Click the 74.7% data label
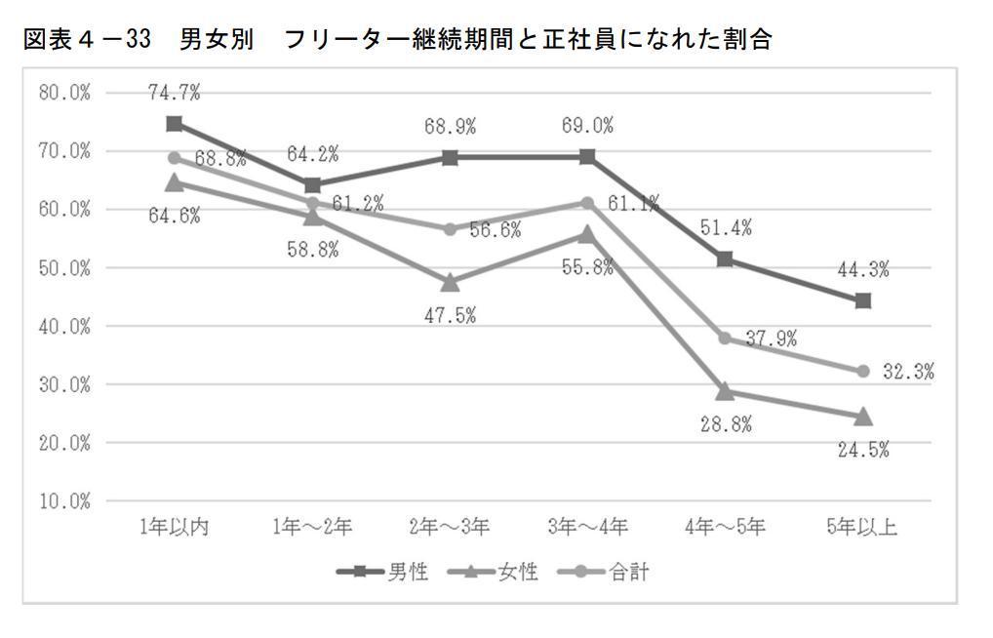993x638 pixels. click(175, 93)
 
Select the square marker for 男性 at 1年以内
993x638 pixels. click(175, 124)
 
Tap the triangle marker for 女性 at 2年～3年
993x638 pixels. click(451, 282)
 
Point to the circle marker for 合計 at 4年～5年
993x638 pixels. click(725, 338)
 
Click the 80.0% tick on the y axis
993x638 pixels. click(63, 93)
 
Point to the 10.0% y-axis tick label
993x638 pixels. click(63, 501)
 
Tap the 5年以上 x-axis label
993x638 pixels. click(861, 528)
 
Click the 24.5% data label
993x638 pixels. click(863, 451)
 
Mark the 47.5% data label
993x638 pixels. click(451, 315)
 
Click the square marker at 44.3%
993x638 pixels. click(862, 300)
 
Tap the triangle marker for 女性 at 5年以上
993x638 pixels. click(862, 417)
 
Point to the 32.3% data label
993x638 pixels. click(909, 372)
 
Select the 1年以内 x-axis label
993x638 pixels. click(175, 528)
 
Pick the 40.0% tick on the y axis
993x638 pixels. click(63, 326)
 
